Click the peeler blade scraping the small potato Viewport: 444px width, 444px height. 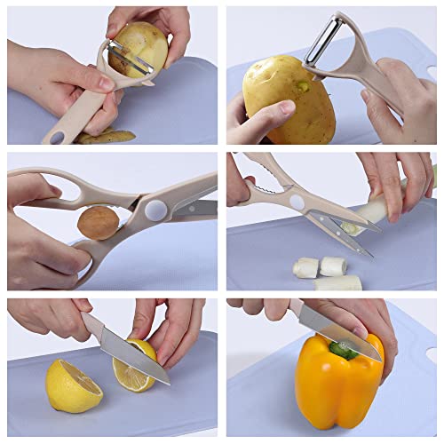[131, 63]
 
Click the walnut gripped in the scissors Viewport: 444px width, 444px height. [96, 222]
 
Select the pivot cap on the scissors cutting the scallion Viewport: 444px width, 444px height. [296, 202]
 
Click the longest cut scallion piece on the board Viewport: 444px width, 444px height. [337, 283]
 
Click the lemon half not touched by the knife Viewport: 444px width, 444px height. [72, 385]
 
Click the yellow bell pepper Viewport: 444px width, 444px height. [338, 383]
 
